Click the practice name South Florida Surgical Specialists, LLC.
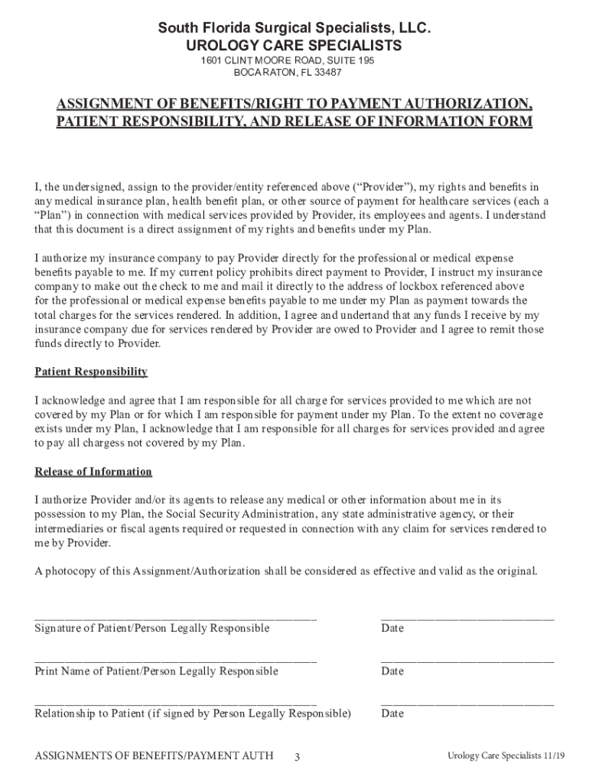294,29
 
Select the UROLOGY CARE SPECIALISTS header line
294,46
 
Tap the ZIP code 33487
325,73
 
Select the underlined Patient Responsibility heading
91,372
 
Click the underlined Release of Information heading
93,472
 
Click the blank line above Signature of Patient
175,617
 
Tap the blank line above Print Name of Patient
175,660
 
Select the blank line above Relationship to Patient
175,702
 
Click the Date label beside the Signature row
392,629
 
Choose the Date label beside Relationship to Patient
392,713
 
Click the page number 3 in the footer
297,757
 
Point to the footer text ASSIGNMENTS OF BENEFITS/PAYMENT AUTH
154,756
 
